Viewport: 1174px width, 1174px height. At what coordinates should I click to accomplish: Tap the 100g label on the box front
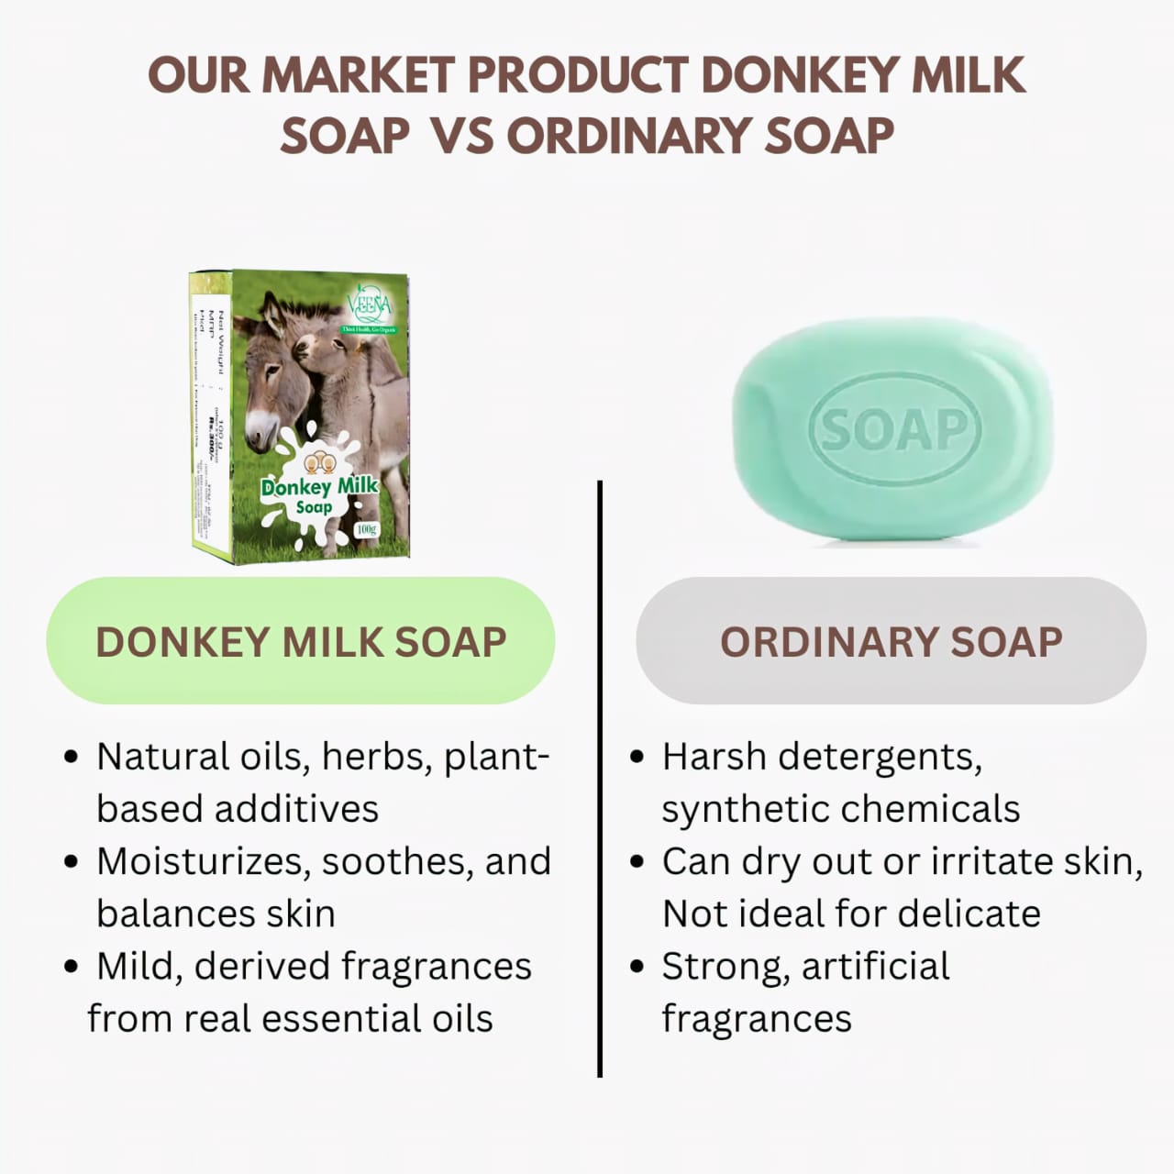point(366,529)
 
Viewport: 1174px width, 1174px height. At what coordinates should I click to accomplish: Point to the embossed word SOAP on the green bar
point(894,429)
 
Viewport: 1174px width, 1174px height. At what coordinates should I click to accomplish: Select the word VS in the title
point(461,136)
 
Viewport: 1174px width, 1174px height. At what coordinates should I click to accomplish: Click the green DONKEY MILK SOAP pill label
point(301,641)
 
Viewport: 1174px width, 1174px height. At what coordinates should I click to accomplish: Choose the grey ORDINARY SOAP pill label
point(891,641)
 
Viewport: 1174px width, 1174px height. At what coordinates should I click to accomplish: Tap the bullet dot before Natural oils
point(72,759)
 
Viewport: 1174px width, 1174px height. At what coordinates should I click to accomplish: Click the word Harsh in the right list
point(714,758)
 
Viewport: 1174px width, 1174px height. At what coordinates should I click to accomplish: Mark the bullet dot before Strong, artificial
point(638,968)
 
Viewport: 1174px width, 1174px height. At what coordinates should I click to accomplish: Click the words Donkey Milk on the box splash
point(319,486)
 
